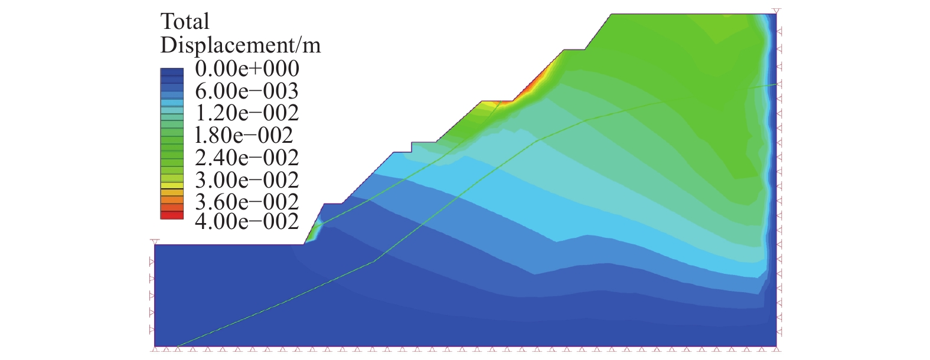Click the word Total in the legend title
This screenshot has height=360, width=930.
click(185, 22)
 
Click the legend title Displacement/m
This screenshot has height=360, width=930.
click(240, 45)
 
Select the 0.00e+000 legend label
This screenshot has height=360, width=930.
click(247, 69)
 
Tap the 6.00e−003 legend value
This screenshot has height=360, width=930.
click(247, 91)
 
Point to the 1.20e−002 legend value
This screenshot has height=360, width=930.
click(247, 113)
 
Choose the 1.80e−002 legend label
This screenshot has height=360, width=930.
click(244, 135)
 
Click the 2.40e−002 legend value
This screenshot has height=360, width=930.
click(247, 158)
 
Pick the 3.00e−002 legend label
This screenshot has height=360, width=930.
click(247, 180)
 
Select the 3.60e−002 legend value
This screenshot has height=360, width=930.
click(247, 202)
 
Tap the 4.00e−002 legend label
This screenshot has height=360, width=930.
click(247, 222)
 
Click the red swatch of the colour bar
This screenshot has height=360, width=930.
click(172, 215)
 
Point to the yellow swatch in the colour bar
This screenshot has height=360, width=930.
click(172, 185)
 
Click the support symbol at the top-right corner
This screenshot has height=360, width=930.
click(776, 11)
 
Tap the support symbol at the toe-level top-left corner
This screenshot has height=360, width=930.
click(155, 242)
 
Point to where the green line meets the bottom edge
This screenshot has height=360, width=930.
click(177, 346)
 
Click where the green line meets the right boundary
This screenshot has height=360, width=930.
click(775, 84)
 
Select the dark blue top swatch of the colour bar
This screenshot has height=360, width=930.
click(172, 72)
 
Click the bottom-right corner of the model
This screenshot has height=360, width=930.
click(775, 346)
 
